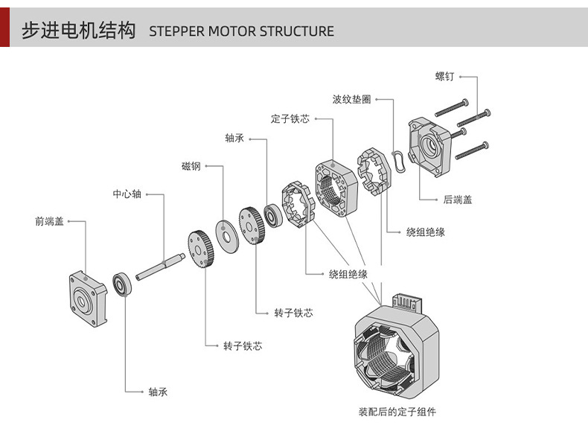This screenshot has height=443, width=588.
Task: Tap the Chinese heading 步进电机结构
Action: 79,31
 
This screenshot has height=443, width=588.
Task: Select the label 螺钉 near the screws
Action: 445,77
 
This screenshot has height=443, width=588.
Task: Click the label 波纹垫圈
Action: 351,99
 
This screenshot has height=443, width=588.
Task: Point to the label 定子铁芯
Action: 290,119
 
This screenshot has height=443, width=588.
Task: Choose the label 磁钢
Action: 191,166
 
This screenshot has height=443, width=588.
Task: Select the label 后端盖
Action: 458,200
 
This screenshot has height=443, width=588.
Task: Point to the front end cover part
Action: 88,299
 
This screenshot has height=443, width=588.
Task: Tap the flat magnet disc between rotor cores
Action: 224,236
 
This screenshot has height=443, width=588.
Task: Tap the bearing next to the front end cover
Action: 122,284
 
